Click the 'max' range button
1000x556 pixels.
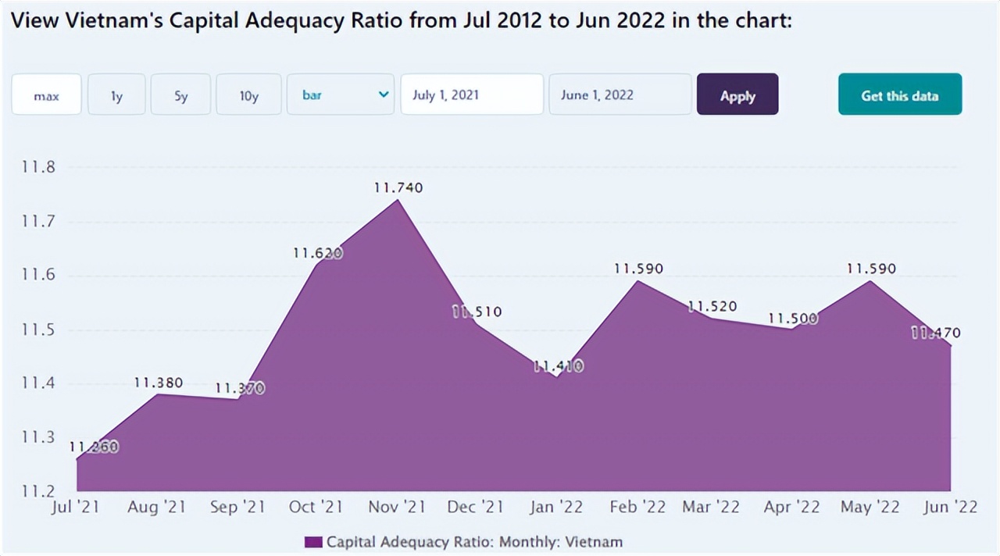(x=46, y=95)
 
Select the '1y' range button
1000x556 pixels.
(x=116, y=95)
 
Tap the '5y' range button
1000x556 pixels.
(x=180, y=95)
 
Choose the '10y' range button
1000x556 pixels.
(x=248, y=95)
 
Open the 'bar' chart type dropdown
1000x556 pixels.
(x=340, y=95)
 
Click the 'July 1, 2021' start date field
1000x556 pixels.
(x=471, y=95)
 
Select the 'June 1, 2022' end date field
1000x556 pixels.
(x=620, y=95)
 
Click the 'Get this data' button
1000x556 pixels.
(x=899, y=95)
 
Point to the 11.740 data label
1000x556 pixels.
(x=398, y=187)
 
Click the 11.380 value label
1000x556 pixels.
(x=159, y=383)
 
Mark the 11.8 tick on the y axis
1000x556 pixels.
(x=37, y=167)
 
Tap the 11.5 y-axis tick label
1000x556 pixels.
(x=37, y=330)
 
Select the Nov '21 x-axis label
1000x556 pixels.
(x=397, y=508)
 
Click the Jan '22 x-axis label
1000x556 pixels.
(x=555, y=508)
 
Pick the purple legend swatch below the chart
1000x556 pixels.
(x=313, y=542)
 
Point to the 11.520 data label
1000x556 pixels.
(x=712, y=307)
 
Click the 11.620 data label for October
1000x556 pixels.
(x=317, y=253)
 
